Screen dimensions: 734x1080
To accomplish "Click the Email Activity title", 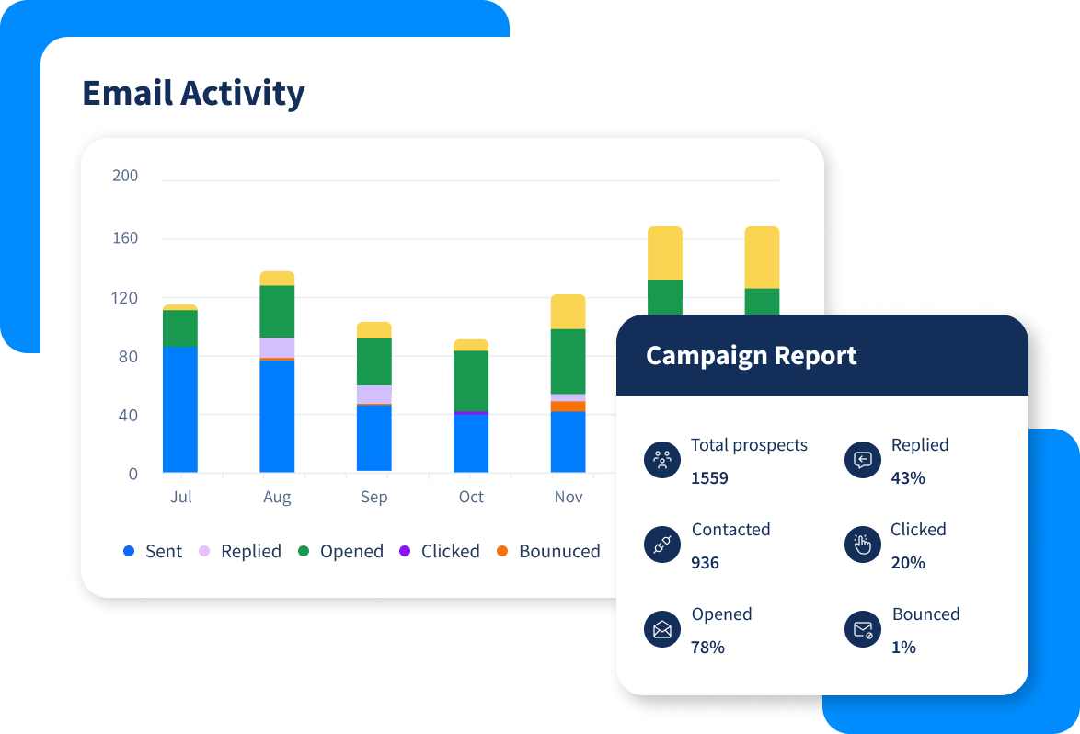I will click(193, 94).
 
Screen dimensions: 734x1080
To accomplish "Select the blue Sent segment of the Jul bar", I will click(180, 409).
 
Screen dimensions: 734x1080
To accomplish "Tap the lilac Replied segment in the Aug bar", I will click(277, 348).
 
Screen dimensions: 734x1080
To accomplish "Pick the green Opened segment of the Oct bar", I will click(471, 380).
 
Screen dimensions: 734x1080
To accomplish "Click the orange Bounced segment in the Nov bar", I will click(568, 406).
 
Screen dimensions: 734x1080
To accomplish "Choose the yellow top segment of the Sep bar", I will click(373, 330).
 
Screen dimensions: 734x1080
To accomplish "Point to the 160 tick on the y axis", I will click(124, 238).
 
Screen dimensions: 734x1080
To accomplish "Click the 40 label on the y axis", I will click(127, 416).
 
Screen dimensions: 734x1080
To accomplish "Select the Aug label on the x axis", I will click(277, 498).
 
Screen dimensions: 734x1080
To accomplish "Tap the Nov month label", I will click(569, 497).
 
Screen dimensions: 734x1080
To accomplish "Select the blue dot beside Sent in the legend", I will click(129, 552).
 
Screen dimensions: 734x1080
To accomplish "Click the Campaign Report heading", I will click(751, 356).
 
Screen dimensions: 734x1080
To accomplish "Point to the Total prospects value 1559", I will click(709, 478).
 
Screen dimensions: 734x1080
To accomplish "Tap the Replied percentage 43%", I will click(908, 478).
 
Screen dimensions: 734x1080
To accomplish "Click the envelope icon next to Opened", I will click(662, 630).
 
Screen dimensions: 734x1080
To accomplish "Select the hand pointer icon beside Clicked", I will click(862, 545).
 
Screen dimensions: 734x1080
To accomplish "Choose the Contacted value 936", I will click(705, 563).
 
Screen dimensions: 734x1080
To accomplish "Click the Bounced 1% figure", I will click(903, 648).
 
